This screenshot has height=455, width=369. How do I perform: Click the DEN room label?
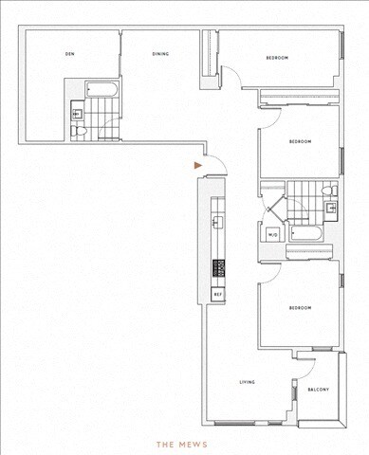tap(69, 54)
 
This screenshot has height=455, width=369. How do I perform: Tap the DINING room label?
tap(160, 54)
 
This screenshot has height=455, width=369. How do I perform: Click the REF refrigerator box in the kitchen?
tap(217, 295)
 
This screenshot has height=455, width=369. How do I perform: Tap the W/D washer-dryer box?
tap(271, 234)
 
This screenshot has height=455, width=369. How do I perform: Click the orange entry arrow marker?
tap(197, 165)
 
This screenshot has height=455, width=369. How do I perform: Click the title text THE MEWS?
tap(183, 443)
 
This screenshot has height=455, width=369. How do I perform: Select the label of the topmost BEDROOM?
tap(277, 59)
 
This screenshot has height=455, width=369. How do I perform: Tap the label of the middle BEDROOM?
tap(300, 141)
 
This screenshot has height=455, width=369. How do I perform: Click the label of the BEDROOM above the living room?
tap(300, 308)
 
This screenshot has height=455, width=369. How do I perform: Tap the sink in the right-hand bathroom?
tap(329, 206)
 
